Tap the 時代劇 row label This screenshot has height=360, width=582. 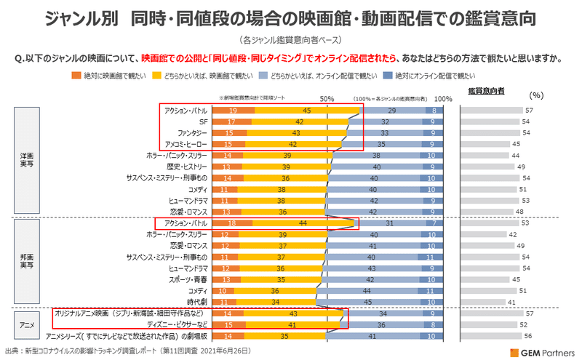(x=198, y=301)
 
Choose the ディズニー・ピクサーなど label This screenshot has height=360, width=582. (x=180, y=324)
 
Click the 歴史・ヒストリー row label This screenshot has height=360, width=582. (x=187, y=167)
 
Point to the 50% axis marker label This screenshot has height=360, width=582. (x=327, y=98)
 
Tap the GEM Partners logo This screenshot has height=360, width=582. (x=535, y=351)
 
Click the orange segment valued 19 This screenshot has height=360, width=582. (x=232, y=111)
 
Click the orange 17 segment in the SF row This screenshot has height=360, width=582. (x=230, y=121)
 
